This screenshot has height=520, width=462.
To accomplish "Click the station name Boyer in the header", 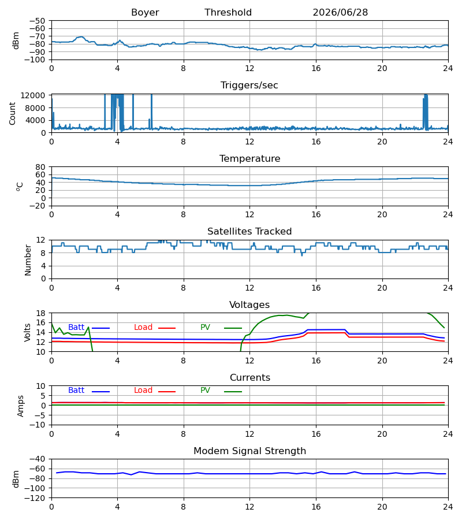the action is coord(145,13).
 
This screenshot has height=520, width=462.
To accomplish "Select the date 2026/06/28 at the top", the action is coord(340,13).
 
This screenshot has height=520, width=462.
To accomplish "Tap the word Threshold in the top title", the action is coord(228,13).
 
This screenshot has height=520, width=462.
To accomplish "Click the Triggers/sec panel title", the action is coord(249,86).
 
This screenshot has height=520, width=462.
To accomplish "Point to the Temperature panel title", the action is coord(249,158).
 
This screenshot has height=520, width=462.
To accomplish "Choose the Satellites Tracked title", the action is coord(249,232).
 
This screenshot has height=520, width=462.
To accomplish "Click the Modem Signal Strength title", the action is coord(249,451).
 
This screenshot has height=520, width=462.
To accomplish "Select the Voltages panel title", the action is coord(249,304).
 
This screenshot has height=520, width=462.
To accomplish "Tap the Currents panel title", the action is coord(250,378).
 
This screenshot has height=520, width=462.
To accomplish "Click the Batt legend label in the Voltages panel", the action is coord(76,328).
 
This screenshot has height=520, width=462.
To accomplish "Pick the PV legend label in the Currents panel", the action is coord(205,391).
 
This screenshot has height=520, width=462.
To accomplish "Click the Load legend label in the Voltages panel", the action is coord(143,328).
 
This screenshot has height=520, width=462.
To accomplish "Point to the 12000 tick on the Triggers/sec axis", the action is coord(33,95).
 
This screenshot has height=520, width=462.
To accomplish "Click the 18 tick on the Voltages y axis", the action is coord(41,313).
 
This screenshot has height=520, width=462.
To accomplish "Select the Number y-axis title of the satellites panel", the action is coord(28,260).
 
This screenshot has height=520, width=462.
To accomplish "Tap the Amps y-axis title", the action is coord(21,406).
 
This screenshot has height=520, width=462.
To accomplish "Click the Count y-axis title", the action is coord(13,113).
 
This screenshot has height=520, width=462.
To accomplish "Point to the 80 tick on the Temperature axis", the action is coord(41,167).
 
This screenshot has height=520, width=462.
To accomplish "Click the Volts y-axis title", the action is coord(28,333).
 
